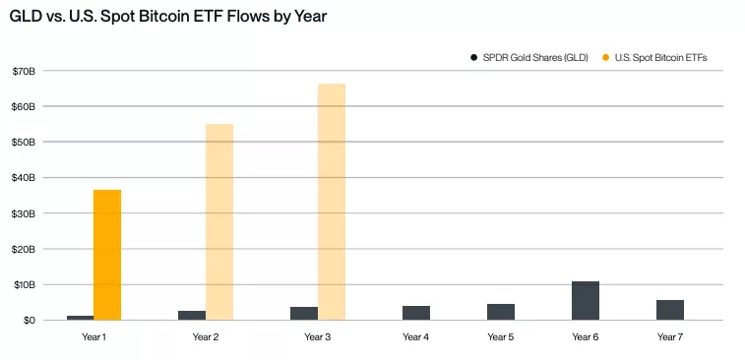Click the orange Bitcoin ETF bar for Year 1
pyautogui.click(x=107, y=255)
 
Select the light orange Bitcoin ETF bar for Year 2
pyautogui.click(x=219, y=222)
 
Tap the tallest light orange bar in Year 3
pyautogui.click(x=332, y=202)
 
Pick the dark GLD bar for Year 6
pyautogui.click(x=586, y=301)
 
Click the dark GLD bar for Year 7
pyautogui.click(x=670, y=310)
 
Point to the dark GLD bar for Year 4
pyautogui.click(x=416, y=313)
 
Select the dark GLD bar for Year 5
pyautogui.click(x=501, y=312)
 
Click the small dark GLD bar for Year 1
pyautogui.click(x=80, y=318)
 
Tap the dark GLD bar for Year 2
pyautogui.click(x=192, y=316)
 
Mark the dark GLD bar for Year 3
pyautogui.click(x=304, y=314)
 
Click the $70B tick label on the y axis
pyautogui.click(x=24, y=71)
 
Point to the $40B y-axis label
pyautogui.click(x=24, y=178)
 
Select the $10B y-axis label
pyautogui.click(x=24, y=284)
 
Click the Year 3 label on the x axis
pyautogui.click(x=318, y=337)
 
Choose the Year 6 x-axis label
pyautogui.click(x=586, y=337)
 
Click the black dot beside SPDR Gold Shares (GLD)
pyautogui.click(x=473, y=58)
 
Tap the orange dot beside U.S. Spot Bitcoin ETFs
pyautogui.click(x=605, y=58)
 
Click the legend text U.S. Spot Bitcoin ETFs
pyautogui.click(x=660, y=58)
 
